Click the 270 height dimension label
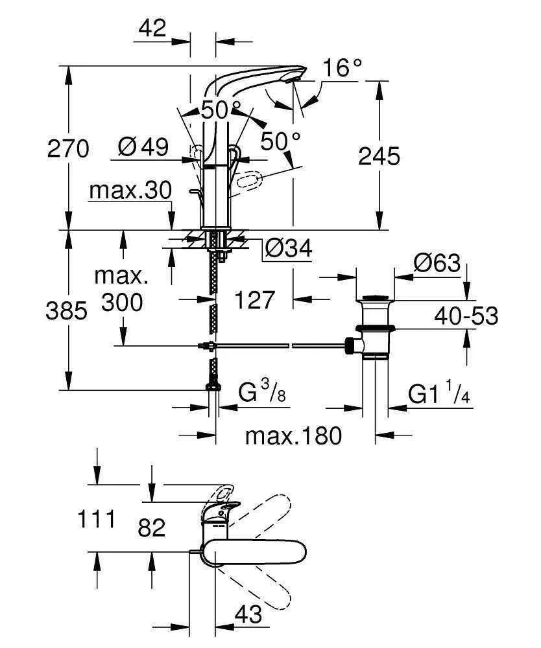67,149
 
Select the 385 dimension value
66,312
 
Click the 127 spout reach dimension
255,300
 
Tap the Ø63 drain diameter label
438,264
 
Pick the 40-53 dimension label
466,316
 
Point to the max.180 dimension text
293,435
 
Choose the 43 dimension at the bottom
248,612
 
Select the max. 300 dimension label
122,289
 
